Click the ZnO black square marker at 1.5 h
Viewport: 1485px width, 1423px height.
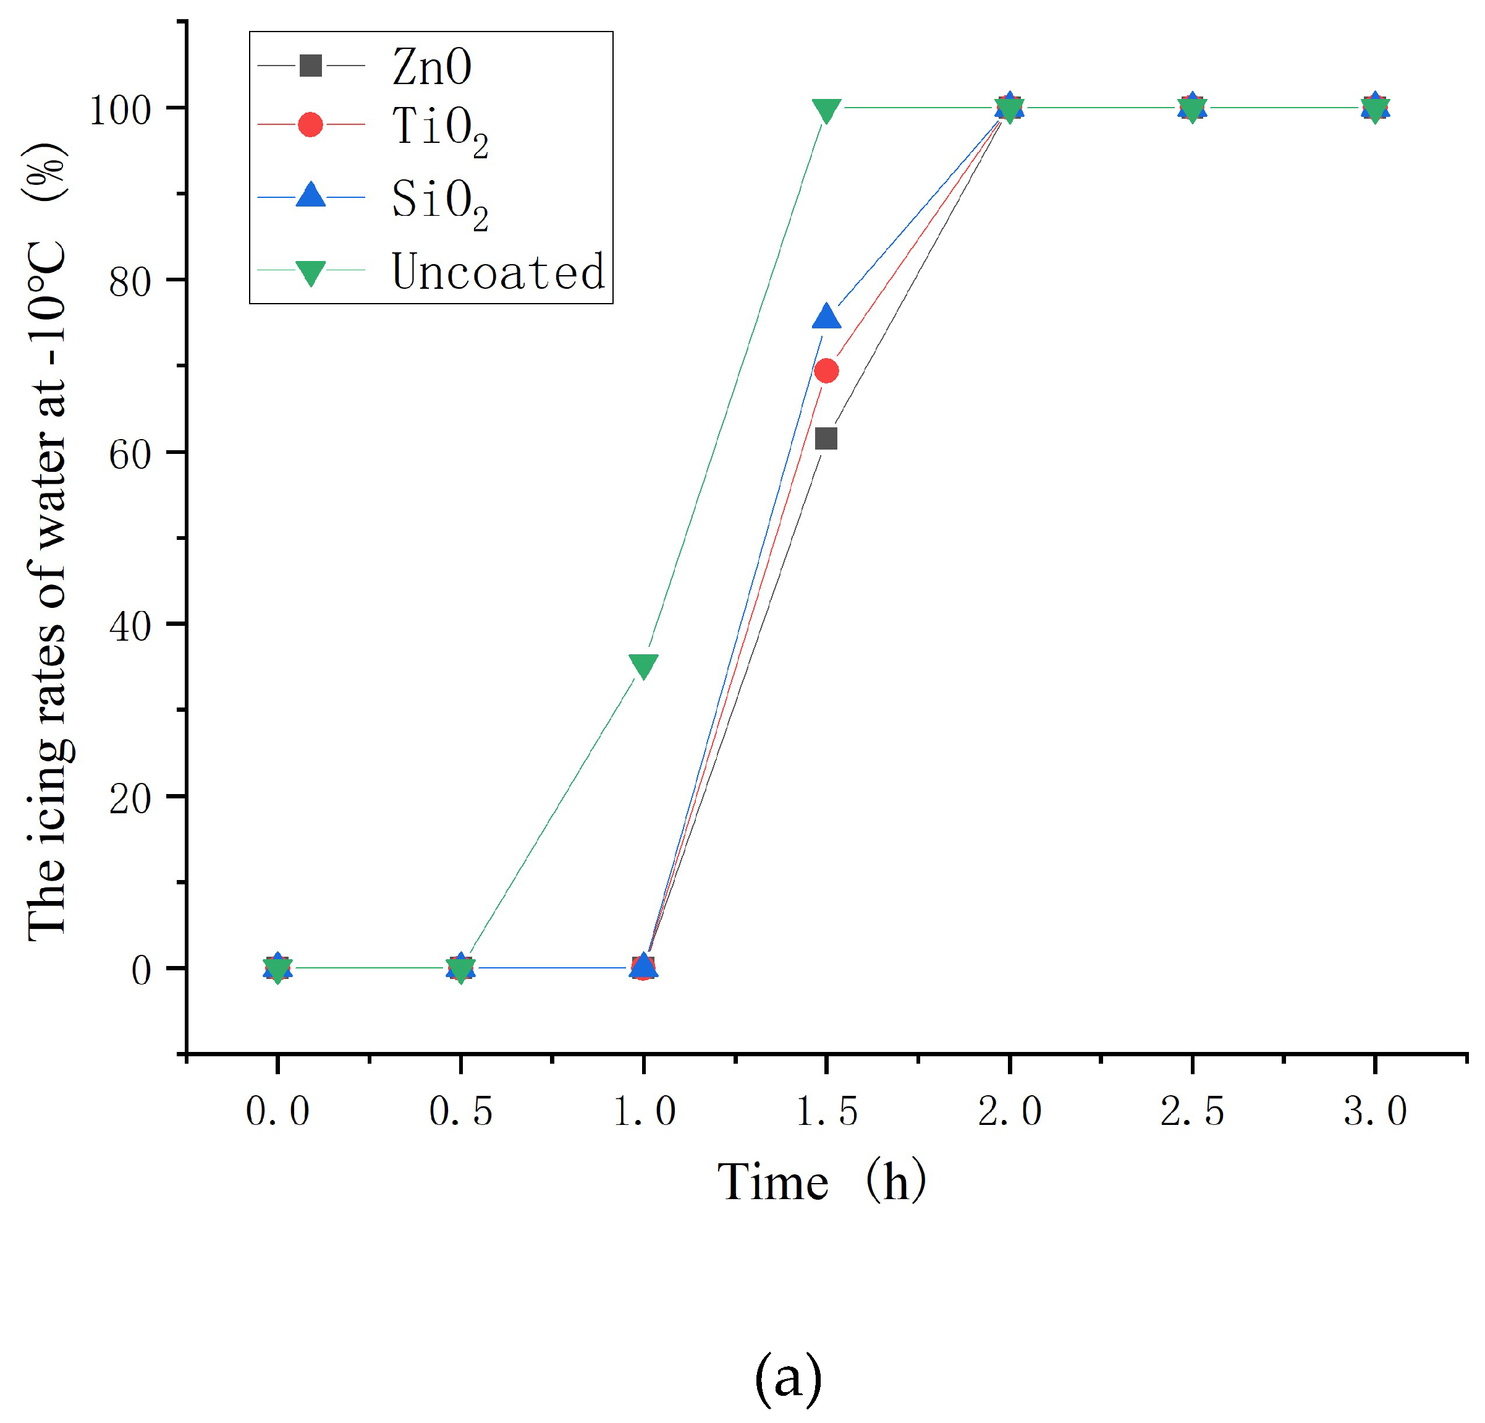point(826,438)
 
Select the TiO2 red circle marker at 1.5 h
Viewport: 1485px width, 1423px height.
point(826,370)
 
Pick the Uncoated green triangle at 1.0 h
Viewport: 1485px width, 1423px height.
point(643,665)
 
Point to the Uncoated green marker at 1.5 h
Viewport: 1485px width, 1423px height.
point(826,111)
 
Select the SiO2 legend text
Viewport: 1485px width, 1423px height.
point(439,202)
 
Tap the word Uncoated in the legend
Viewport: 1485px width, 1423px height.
point(497,271)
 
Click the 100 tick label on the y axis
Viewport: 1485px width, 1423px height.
point(120,110)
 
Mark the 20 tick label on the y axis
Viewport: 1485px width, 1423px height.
point(130,798)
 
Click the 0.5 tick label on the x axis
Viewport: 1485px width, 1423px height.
point(460,1111)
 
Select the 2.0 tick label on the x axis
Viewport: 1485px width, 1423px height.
point(1009,1111)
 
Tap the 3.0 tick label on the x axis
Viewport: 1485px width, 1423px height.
point(1375,1111)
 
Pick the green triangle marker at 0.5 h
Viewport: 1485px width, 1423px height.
point(460,970)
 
